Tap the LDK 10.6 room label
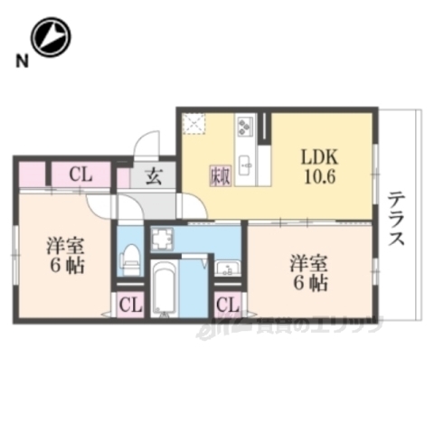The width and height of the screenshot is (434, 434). pos(318,166)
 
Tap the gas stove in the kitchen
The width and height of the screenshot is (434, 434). pos(246,126)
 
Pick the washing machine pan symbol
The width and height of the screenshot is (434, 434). pos(164,240)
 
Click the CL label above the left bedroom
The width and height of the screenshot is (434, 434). pos(80,175)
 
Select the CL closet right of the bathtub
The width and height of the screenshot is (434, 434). pos(227,305)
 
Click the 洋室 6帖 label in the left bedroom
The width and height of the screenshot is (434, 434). pos(65,254)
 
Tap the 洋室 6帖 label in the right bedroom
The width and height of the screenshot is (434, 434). pos(308,273)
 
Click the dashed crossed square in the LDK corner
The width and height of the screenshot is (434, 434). pos(193,125)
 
